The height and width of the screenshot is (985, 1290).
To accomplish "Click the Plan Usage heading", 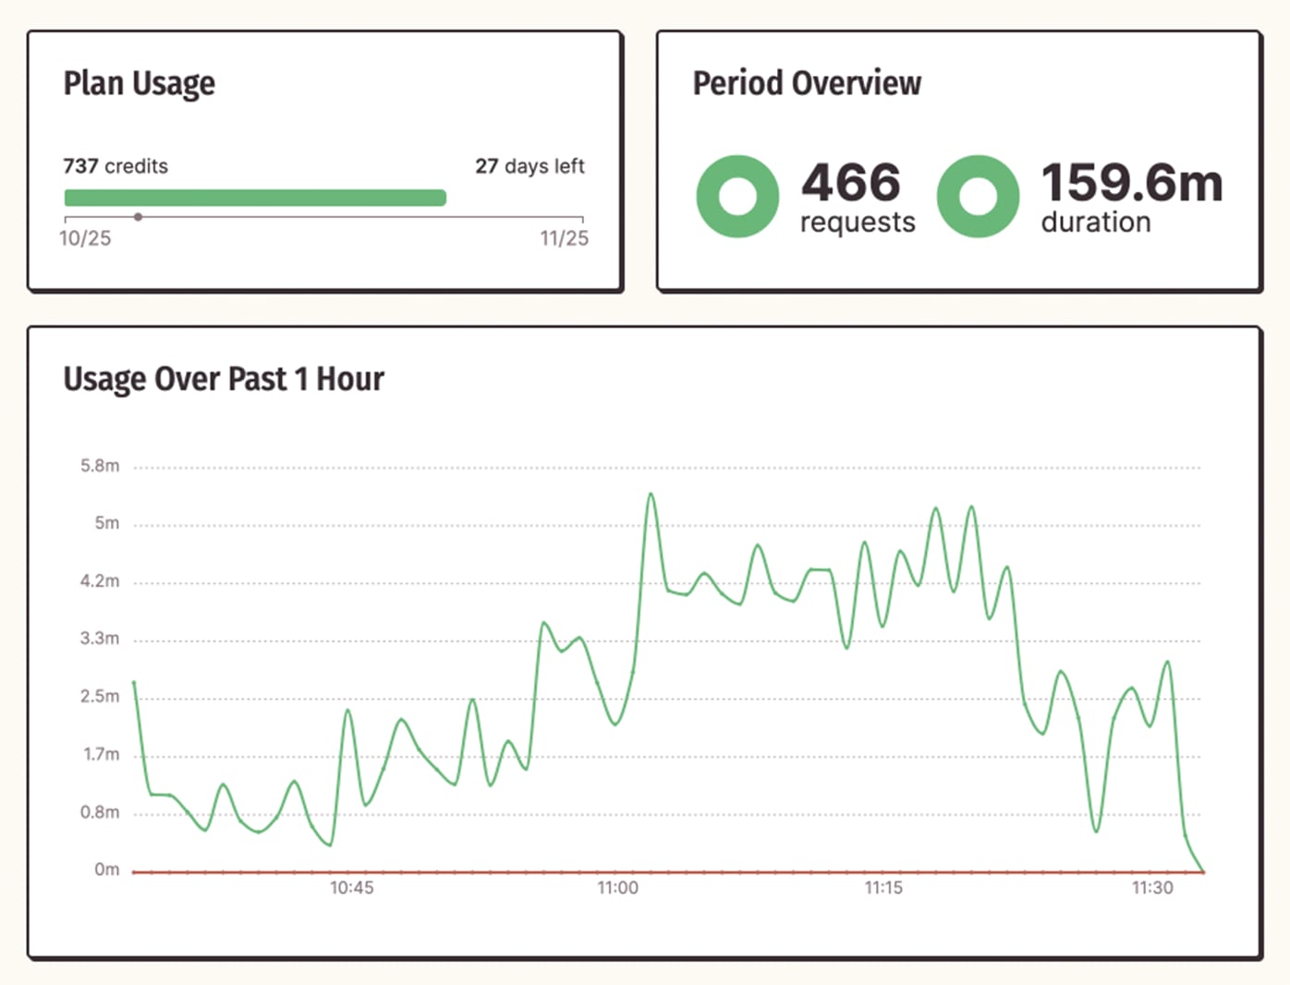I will pos(139,83).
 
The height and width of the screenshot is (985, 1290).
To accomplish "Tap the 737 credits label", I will pos(116,166).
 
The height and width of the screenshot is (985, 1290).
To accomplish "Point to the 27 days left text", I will pos(529,166).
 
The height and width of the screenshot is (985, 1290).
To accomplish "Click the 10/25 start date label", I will pos(85,238).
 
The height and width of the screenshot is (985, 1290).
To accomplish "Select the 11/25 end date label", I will pos(564,238).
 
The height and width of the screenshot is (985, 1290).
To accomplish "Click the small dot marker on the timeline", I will pos(138,217).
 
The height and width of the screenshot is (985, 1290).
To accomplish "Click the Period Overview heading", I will pos(807,83).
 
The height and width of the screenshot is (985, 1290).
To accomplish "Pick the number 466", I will pos(850,182).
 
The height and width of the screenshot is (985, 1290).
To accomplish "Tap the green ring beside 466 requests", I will pos(737,196).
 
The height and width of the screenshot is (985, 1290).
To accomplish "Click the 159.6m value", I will pos(1131,182).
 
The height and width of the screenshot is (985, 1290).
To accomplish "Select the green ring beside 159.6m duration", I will pos(978,196).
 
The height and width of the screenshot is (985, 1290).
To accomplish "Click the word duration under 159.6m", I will pos(1096,223).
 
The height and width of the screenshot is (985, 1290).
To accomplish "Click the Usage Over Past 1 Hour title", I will pos(224,379).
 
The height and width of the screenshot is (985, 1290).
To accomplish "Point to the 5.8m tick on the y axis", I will pos(100,466).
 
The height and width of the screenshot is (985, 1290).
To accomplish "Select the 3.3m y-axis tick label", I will pos(100,638).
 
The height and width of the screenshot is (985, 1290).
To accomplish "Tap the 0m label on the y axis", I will pos(106,869).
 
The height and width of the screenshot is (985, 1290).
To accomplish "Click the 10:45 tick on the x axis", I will pos(352,888).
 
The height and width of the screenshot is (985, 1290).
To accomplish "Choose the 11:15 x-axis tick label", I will pos(883,888).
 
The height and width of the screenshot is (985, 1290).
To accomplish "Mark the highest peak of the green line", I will pos(651,494).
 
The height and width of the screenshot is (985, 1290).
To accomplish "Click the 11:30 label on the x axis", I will pos(1152,888).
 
